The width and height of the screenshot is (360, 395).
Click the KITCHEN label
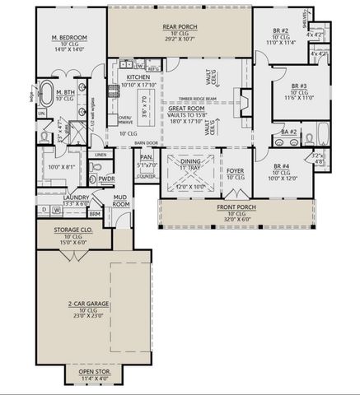coord(138,76)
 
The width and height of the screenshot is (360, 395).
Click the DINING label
coord(190,161)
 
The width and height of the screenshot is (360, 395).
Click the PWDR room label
coord(106,178)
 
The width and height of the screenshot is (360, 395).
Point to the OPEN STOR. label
coord(98,371)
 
